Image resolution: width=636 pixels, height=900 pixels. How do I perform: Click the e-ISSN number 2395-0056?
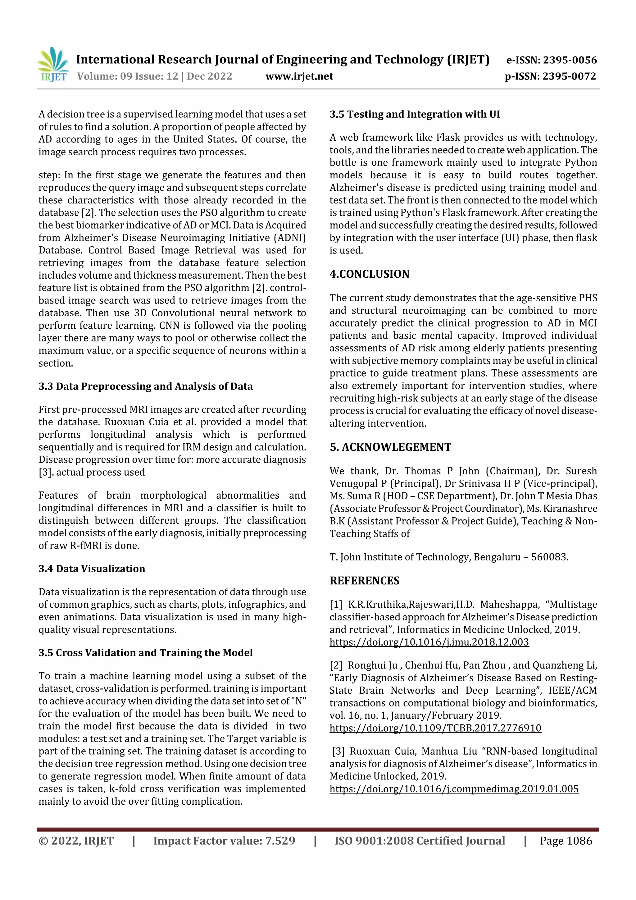coord(569,60)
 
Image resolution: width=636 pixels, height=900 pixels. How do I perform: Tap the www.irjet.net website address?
coord(299,76)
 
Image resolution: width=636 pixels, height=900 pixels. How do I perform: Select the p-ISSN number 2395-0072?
coord(569,76)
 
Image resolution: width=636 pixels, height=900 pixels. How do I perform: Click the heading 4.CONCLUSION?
coord(369,274)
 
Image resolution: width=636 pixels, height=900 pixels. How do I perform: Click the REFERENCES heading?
coord(365,581)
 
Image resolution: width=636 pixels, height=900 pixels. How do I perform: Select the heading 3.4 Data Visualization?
coord(92,569)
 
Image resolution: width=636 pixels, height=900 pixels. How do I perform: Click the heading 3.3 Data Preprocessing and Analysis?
coord(145,386)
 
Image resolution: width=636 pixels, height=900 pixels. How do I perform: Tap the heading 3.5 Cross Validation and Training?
coord(145,652)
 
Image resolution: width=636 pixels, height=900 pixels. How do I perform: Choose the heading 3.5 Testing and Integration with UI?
coord(415,114)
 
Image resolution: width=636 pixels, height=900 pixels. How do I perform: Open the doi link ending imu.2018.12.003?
coord(429,642)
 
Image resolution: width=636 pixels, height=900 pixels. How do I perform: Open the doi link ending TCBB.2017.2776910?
coord(435,728)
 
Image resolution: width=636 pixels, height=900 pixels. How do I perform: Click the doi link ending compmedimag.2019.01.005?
coord(454,789)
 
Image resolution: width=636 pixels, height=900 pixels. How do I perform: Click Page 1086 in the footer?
coord(566,840)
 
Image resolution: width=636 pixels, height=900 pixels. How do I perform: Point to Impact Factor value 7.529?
coord(224,840)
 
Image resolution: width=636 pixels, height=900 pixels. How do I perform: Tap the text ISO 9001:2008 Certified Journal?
coord(419,840)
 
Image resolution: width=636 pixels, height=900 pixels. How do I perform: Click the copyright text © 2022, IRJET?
coord(76,840)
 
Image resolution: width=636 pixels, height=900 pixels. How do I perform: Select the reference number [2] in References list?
coord(336,665)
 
